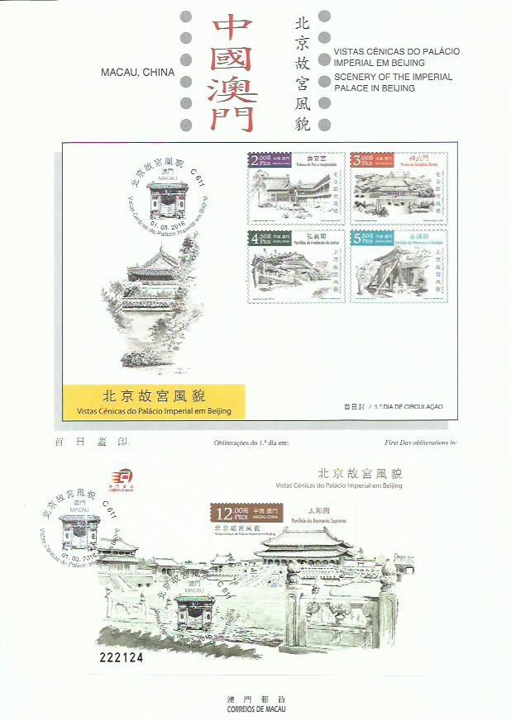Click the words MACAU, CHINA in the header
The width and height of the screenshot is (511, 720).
[137, 72]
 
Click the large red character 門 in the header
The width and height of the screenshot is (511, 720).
[232, 116]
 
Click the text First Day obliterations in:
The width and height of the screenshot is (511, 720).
[420, 443]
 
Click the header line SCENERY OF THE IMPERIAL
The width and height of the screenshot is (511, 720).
[393, 77]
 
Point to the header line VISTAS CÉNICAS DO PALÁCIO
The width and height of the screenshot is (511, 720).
[397, 51]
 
